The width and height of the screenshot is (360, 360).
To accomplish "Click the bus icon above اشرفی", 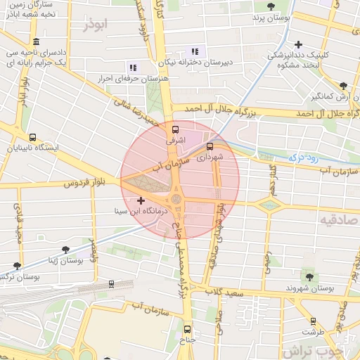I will coord(176,129).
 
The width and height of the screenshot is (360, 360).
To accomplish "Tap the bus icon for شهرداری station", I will coord(210,147).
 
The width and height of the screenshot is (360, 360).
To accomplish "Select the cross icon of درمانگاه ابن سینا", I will coord(141,201).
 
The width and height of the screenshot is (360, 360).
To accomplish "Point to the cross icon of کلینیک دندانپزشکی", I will coord(299,44).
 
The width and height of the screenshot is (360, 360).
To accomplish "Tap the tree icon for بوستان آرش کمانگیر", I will coord(343,85).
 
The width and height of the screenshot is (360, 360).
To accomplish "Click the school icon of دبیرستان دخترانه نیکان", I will coord(195,51).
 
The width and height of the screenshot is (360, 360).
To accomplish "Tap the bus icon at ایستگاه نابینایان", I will coord(32,138).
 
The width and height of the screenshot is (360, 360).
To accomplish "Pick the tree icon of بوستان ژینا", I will coord(66,250).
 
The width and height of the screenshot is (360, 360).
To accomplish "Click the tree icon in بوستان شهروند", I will coord(309,276).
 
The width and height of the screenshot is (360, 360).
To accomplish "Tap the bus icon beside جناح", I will coord(187,328).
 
